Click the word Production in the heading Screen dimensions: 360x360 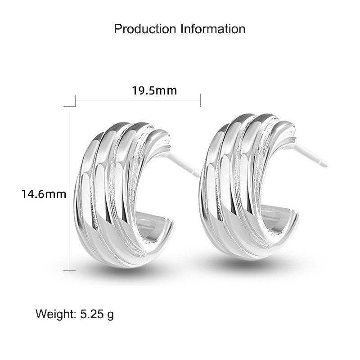145,29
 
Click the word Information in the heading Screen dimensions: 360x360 213,29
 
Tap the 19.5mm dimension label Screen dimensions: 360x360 154,90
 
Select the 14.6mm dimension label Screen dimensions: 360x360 44,194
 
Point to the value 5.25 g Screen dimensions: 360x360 97,314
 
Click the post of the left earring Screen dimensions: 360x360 183,164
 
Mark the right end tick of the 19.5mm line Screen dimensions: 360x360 200,100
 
